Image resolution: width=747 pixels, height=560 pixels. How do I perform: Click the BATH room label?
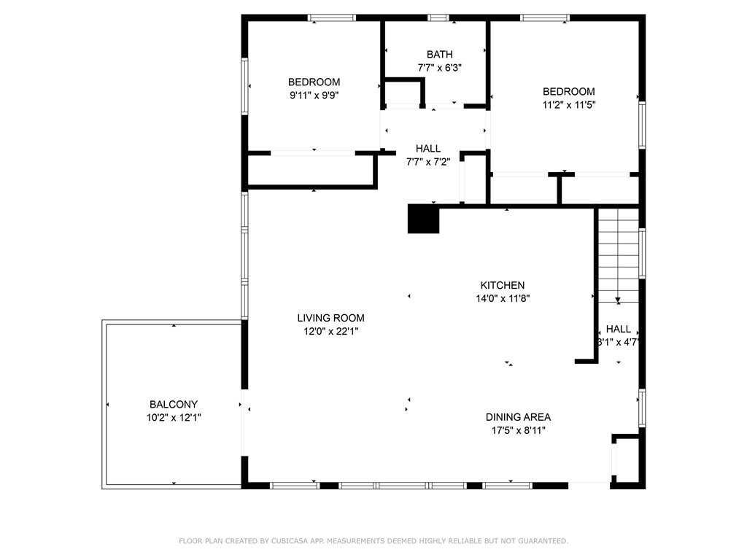click(x=439, y=54)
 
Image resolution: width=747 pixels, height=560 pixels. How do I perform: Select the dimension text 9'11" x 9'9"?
click(x=314, y=95)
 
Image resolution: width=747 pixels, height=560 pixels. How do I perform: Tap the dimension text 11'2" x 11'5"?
click(x=568, y=104)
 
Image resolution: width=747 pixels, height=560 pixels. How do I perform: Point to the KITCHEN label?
click(x=502, y=285)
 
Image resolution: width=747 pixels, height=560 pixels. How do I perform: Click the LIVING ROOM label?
click(x=330, y=318)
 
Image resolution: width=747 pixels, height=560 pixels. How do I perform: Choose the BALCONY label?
click(x=174, y=404)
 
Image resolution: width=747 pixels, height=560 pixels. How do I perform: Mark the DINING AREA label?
click(x=518, y=417)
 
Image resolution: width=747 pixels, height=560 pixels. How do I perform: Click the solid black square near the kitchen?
click(x=423, y=219)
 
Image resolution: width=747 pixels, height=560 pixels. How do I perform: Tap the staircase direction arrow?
click(x=618, y=299)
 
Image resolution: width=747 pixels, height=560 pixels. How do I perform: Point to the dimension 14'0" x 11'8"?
click(x=502, y=298)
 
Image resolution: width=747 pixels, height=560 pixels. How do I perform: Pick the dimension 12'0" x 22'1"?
click(x=330, y=331)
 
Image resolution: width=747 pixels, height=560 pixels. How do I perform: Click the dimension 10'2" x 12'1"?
click(x=174, y=418)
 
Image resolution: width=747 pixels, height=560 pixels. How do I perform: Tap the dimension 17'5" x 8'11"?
click(x=518, y=430)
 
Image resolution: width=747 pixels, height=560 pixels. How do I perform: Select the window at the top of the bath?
click(x=438, y=17)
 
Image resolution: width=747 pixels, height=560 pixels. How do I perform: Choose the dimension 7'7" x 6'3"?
click(x=439, y=67)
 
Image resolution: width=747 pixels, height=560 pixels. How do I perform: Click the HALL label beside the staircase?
click(x=618, y=329)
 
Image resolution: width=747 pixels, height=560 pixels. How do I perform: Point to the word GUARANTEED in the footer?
click(x=540, y=541)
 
